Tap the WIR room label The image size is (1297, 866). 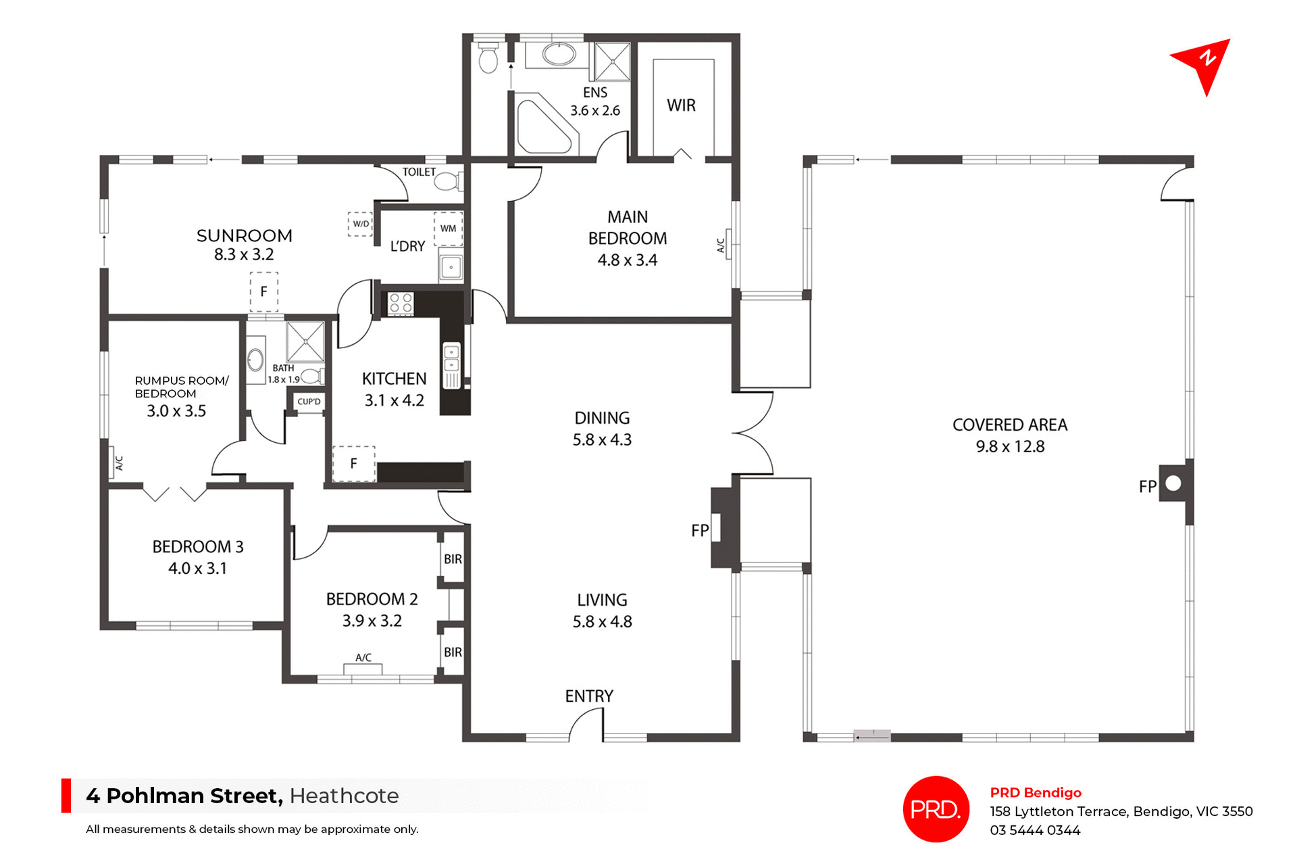pos(681,105)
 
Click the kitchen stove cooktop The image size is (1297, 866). pos(401,303)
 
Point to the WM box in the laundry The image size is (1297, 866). pos(448,228)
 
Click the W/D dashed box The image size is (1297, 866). pos(361,224)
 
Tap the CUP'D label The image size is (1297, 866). pos(309,402)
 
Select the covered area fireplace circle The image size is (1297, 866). pos(1173,483)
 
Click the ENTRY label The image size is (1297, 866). pos(589,696)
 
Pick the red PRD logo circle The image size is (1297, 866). pos(936,809)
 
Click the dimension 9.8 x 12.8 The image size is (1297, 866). pos(1010,447)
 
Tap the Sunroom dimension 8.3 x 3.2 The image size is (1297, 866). pos(244,255)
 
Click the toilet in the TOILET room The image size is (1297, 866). pos(446,181)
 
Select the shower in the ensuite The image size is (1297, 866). pos(612,62)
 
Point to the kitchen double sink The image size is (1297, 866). pos(451,358)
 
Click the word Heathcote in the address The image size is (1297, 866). pos(344,796)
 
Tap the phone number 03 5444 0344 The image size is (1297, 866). pos(1035,830)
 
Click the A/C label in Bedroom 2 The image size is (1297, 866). pos(363,657)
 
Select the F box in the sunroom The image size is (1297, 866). pos(264,291)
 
